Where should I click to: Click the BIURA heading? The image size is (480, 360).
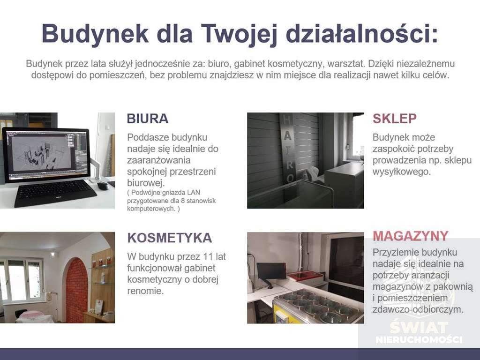click(148, 119)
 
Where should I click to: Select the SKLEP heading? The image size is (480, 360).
click(395, 119)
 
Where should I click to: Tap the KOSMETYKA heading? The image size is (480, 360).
click(170, 238)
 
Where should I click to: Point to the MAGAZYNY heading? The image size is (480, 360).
click(411, 236)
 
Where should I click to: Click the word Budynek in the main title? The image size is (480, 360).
click(95, 34)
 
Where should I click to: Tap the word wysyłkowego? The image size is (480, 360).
click(401, 172)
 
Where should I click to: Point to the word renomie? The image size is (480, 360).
click(145, 291)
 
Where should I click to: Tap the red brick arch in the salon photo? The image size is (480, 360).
click(76, 290)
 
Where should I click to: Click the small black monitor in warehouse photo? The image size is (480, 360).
click(271, 271)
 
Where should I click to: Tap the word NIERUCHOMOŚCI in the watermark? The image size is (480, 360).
click(419, 339)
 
